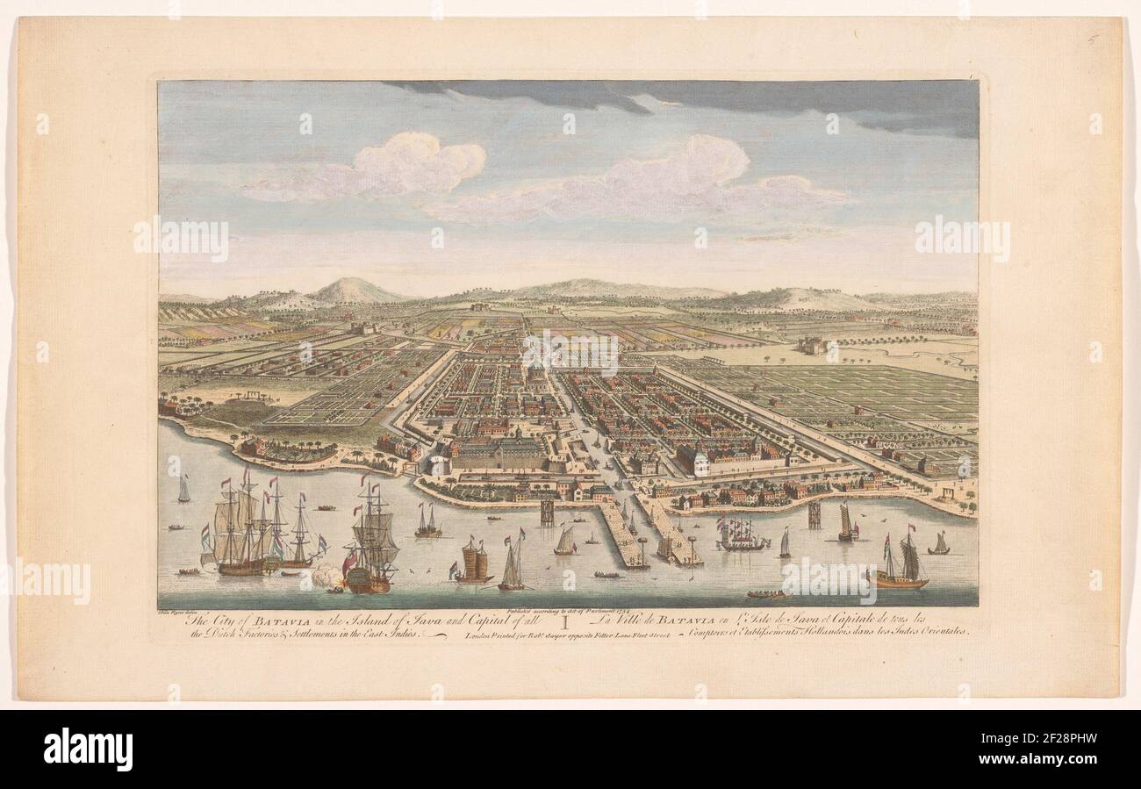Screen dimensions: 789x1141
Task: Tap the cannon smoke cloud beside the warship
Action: point(327,575)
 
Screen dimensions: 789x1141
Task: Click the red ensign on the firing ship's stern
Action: point(349,562)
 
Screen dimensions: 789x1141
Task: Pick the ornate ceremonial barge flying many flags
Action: point(743,534)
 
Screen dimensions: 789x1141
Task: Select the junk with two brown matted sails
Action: point(472,562)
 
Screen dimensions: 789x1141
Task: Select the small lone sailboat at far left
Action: point(183,489)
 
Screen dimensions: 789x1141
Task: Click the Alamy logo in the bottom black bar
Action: point(89,749)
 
